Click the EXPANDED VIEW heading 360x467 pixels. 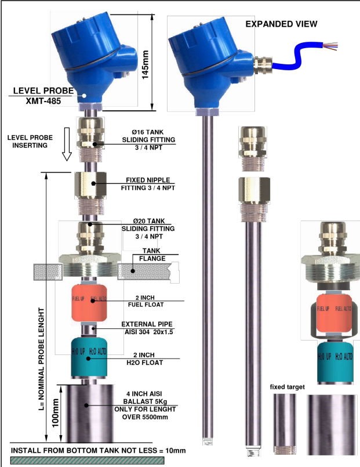(x=281, y=24)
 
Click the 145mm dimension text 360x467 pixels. (x=145, y=64)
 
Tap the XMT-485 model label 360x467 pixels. (x=43, y=101)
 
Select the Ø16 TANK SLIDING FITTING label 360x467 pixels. (x=148, y=140)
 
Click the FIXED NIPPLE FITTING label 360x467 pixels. (x=148, y=184)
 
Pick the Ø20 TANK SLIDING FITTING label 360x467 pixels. (x=148, y=229)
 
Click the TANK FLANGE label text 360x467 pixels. (x=152, y=255)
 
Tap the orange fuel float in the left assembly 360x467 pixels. (x=89, y=303)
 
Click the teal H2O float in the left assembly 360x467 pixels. (x=89, y=357)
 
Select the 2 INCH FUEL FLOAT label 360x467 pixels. (x=146, y=301)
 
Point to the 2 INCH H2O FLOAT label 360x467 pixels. (x=144, y=359)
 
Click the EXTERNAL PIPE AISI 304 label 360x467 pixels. (x=148, y=328)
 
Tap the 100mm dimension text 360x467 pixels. (x=55, y=413)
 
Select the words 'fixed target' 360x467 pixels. (x=287, y=387)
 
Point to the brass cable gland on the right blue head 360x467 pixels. (x=263, y=65)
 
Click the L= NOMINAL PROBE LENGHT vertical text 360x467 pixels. (x=41, y=359)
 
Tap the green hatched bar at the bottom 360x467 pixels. (x=87, y=461)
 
